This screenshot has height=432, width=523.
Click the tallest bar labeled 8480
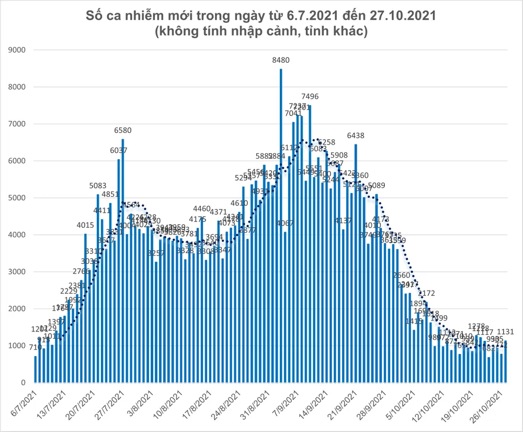point(281,220)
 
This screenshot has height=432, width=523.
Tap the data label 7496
point(310,96)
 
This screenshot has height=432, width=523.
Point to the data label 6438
point(356,135)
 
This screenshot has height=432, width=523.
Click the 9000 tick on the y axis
point(18,50)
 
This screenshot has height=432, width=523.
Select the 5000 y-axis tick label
point(18,198)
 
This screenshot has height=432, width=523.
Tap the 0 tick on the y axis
point(24,383)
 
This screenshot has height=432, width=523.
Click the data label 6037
point(118,150)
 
